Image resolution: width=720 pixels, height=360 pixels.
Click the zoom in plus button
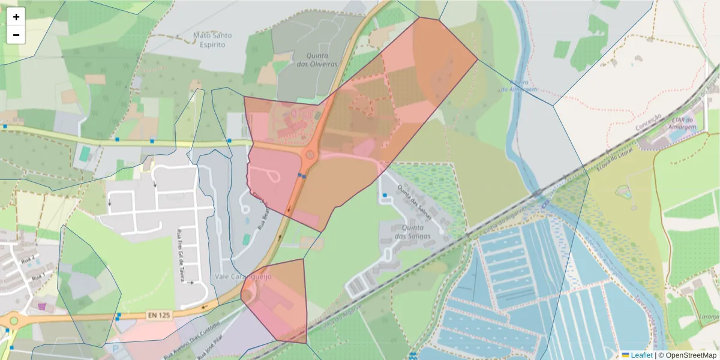(16, 17)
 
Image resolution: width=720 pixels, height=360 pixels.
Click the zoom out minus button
(16, 35)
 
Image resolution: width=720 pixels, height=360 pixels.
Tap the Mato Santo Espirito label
(212, 40)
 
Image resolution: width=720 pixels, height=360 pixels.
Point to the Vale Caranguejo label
(243, 277)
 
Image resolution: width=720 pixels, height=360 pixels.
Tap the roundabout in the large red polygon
(310, 155)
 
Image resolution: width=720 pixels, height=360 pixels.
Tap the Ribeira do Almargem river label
(520, 85)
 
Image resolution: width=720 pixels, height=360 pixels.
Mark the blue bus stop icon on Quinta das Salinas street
(385, 195)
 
